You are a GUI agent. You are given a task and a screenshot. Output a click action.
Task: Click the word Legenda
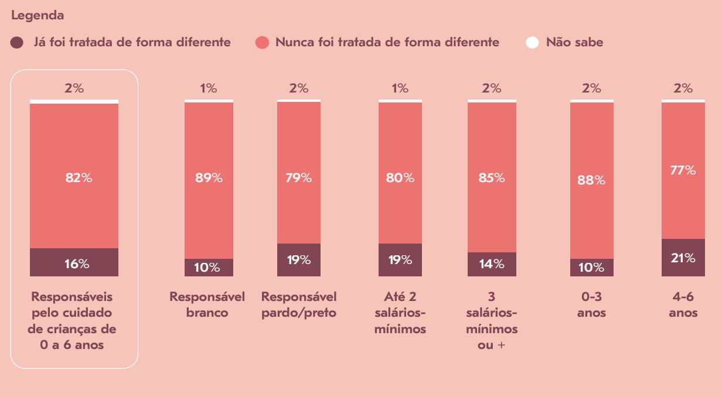coord(38,16)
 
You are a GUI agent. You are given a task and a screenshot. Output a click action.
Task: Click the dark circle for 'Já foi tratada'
coord(17,43)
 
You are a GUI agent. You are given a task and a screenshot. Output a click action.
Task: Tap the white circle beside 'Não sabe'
coord(532,43)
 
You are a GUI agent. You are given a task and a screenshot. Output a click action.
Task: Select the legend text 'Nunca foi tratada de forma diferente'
coord(387,42)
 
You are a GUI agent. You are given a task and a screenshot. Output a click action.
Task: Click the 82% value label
coord(79,178)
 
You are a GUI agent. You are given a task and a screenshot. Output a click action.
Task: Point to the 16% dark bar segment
coord(74,263)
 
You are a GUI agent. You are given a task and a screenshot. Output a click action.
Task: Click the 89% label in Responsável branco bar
coord(209,178)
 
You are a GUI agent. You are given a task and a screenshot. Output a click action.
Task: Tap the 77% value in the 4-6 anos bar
coord(683,170)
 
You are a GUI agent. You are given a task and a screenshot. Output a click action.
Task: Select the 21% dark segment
coord(683,258)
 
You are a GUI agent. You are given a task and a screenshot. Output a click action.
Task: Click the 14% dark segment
coord(492,264)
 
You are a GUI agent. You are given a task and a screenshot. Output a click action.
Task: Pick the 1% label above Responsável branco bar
coord(209,88)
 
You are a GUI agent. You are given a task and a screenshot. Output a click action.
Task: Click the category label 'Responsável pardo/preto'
coord(299,304)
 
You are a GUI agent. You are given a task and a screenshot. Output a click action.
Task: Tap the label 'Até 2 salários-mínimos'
coord(400,313)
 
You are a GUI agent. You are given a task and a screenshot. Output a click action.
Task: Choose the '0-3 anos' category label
coord(591,304)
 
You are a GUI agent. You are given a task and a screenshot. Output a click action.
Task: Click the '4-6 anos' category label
coord(683,304)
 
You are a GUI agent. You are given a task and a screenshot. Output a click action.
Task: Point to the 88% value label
coord(591,180)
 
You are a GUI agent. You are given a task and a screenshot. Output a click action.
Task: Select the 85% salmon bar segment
coord(492,178)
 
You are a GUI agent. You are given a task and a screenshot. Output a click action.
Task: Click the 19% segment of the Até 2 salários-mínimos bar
coord(400,260)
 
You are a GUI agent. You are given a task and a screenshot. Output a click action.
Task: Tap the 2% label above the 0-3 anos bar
coord(591,88)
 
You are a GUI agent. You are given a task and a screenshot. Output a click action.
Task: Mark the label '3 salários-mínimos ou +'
coord(492,321)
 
